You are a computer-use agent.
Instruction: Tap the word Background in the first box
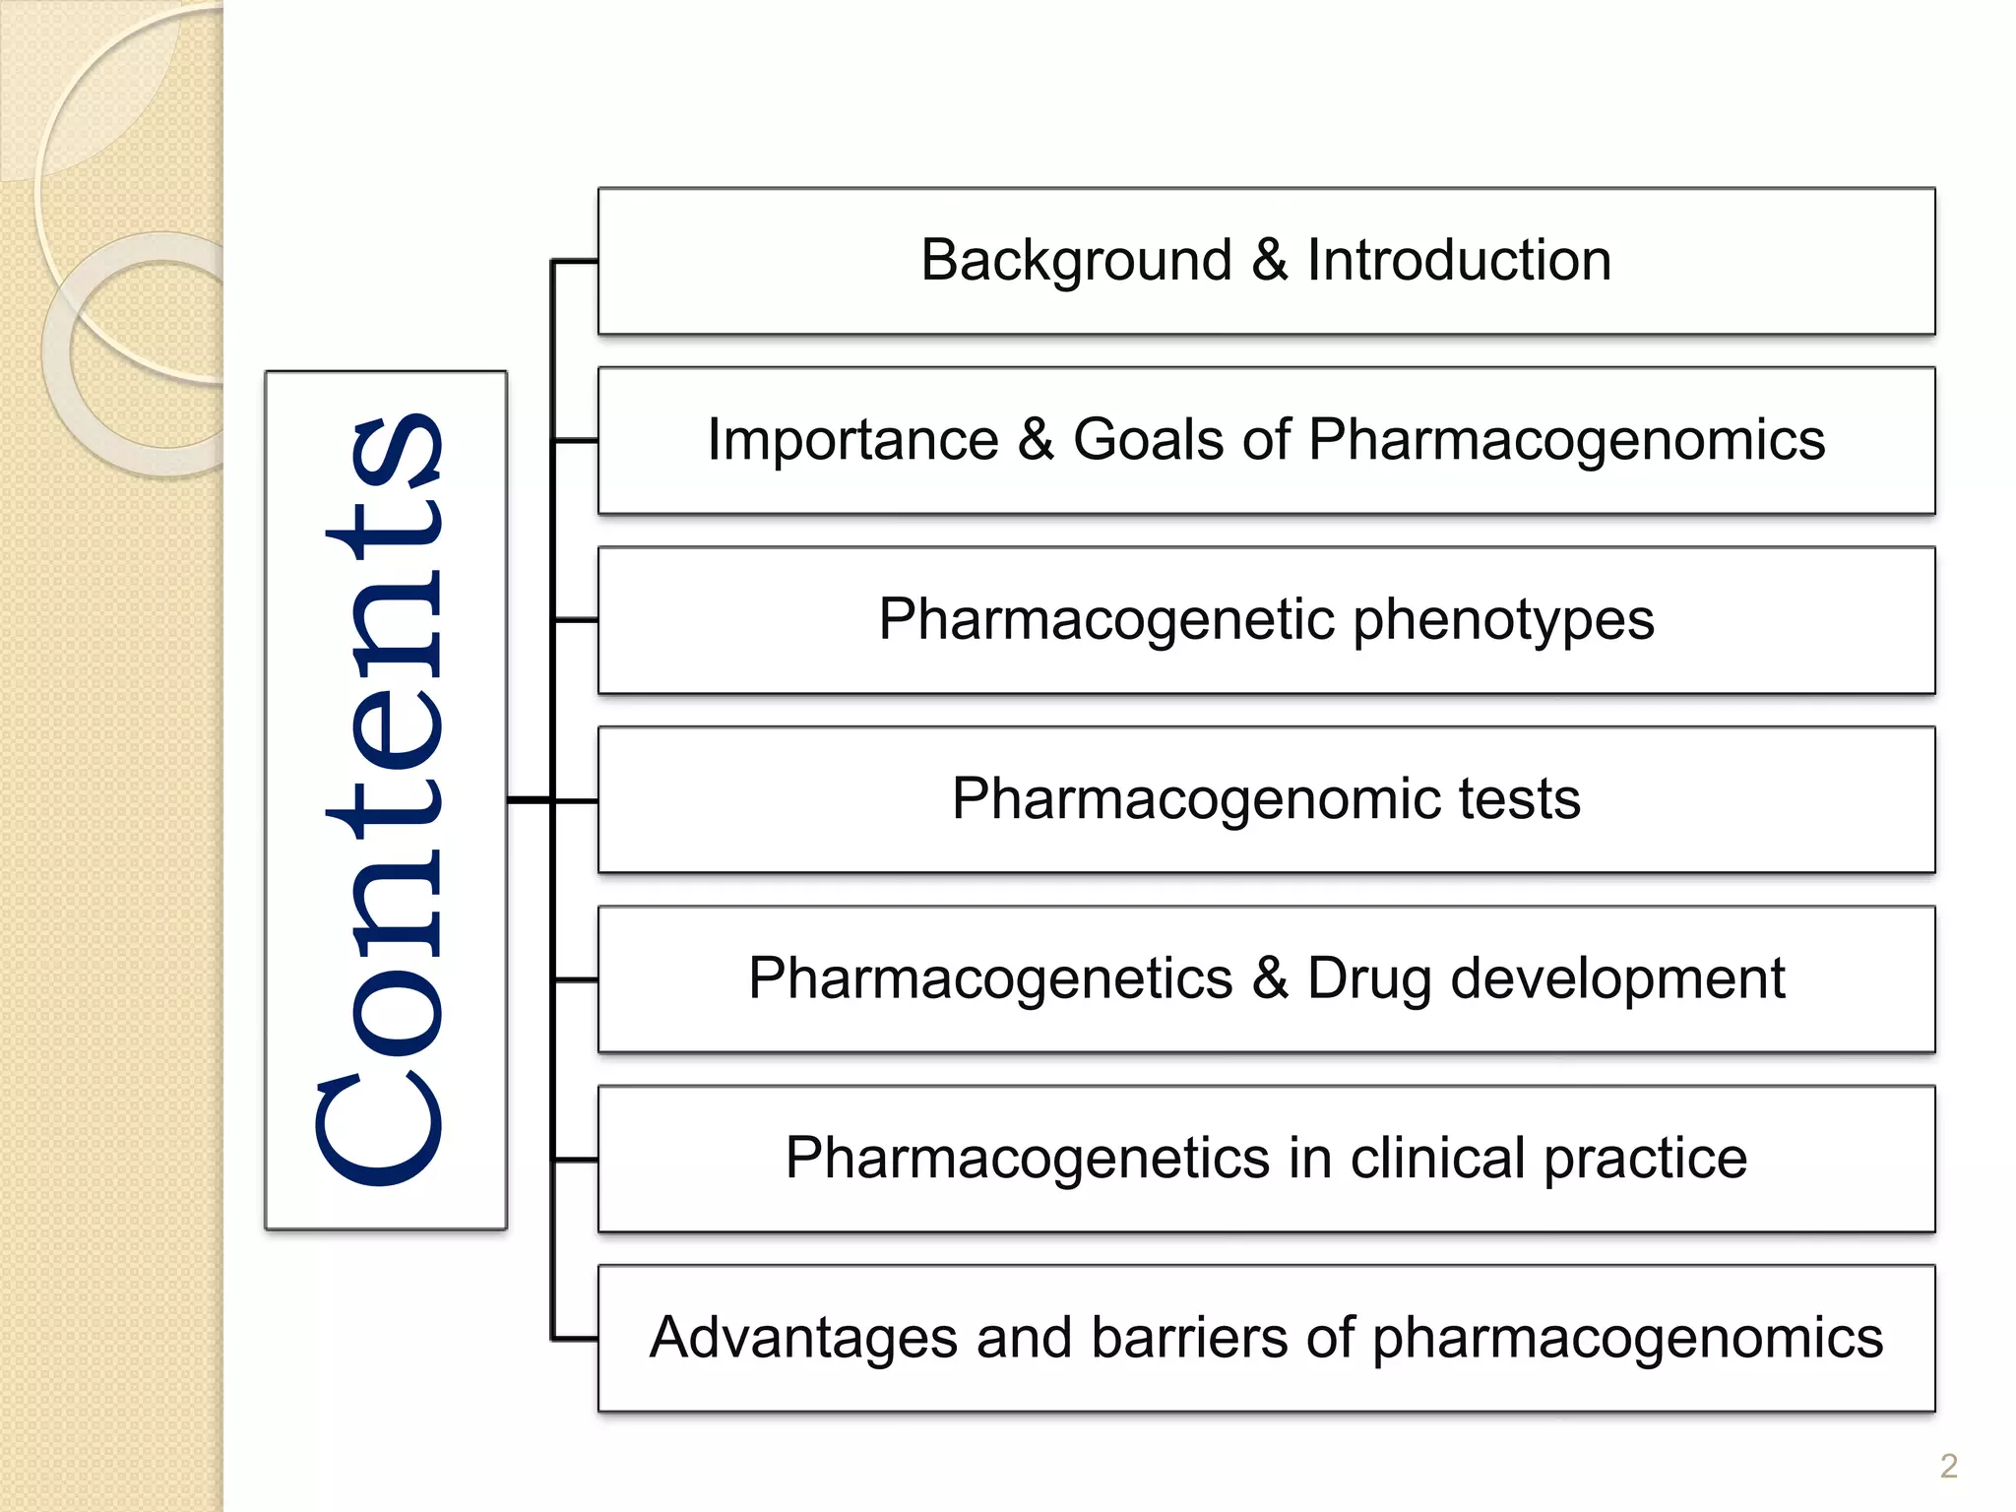(x=1076, y=262)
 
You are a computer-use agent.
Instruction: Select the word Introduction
(x=1459, y=261)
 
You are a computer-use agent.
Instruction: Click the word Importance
(x=852, y=440)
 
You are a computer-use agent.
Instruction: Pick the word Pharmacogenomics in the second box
(x=1566, y=442)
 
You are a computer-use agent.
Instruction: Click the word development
(x=1617, y=978)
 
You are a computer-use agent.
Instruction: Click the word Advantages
(x=803, y=1339)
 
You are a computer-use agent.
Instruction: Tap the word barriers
(x=1188, y=1338)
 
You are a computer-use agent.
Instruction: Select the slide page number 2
(x=1948, y=1466)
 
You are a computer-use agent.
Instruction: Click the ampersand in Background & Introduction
(x=1270, y=261)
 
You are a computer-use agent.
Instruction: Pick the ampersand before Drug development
(x=1270, y=978)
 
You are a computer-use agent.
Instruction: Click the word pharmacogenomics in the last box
(x=1627, y=1340)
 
